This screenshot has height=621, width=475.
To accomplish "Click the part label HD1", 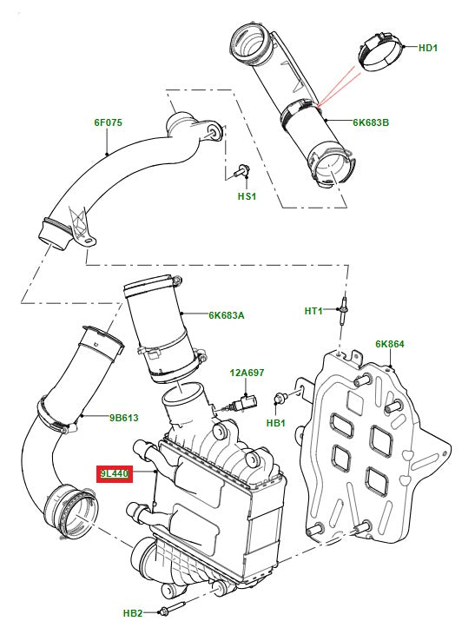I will pyautogui.click(x=428, y=48).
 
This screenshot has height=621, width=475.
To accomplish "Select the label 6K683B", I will pyautogui.click(x=371, y=122).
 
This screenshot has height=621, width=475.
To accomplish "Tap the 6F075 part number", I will pyautogui.click(x=109, y=122).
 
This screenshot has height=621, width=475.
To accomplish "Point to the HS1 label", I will pyautogui.click(x=247, y=197).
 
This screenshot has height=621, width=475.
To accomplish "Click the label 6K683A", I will pyautogui.click(x=226, y=315).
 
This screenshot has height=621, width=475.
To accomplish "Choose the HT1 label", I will pyautogui.click(x=313, y=311).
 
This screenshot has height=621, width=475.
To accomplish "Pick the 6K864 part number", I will pyautogui.click(x=390, y=344).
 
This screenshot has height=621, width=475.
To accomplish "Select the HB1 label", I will pyautogui.click(x=276, y=423).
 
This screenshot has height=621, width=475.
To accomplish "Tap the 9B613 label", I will pyautogui.click(x=124, y=417).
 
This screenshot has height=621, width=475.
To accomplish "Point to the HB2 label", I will pyautogui.click(x=133, y=613).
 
